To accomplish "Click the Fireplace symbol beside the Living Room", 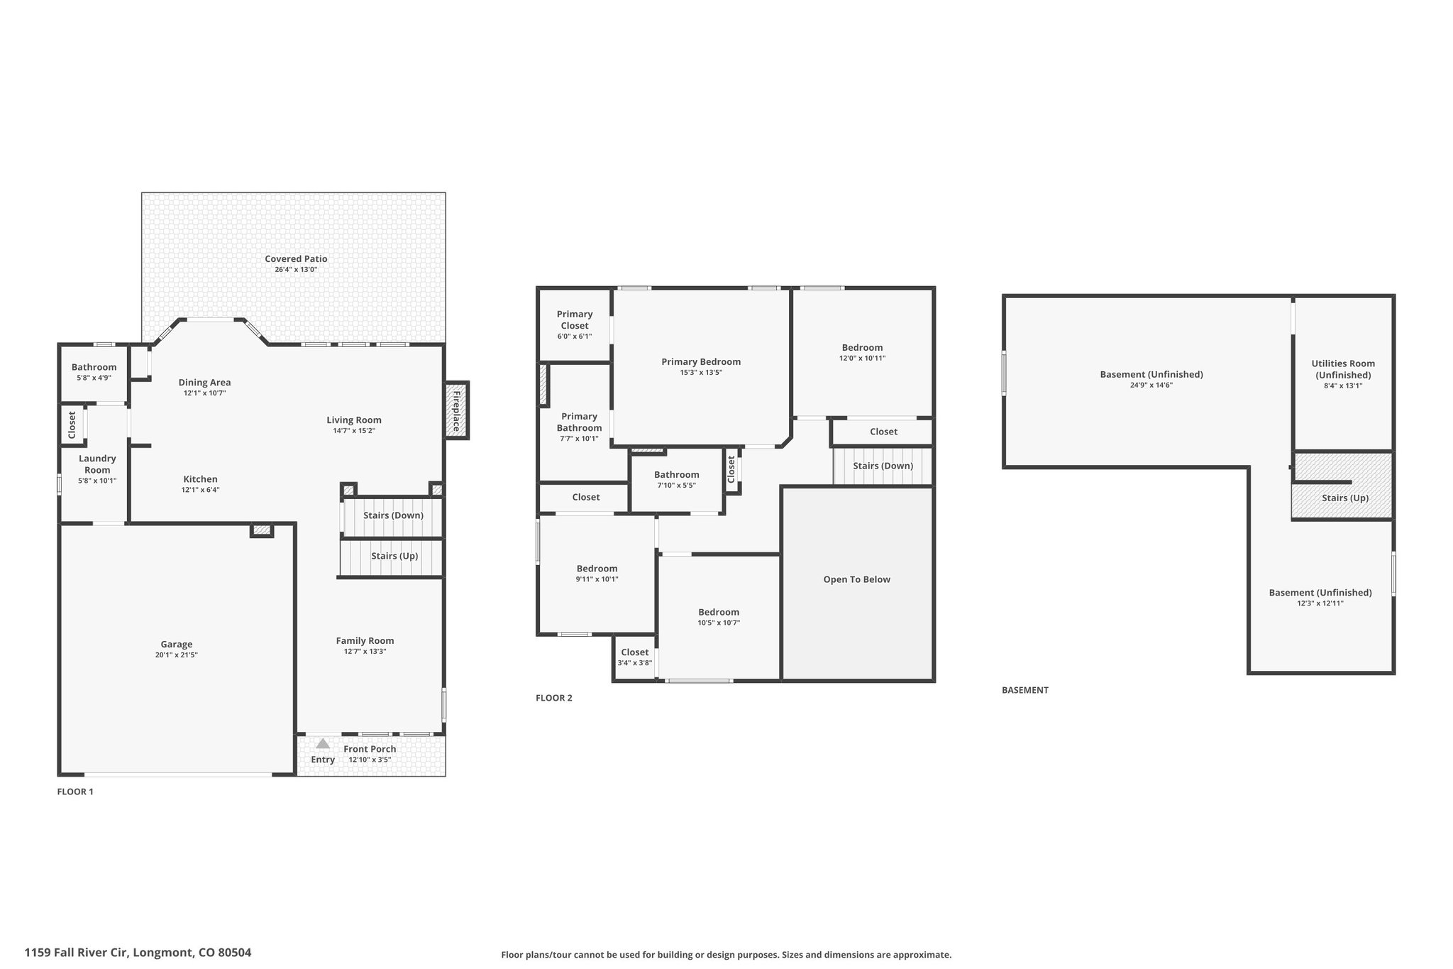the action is coord(457,410).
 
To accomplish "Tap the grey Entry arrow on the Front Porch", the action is coord(323,743).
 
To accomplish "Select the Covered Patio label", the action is coord(296,259).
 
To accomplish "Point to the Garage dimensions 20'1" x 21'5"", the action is coord(176,655).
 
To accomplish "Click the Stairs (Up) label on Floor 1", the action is coord(394,556).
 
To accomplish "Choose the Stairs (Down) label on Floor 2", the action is coord(883,466).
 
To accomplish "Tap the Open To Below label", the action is coord(856,579).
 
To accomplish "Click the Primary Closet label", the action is coord(575,320).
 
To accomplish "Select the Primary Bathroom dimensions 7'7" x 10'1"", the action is coord(579,439).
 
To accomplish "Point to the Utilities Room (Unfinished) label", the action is coord(1343,369).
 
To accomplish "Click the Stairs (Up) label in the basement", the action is coord(1345,498).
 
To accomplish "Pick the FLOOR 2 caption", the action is coord(554,698).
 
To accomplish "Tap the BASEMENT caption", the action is coord(1025,690).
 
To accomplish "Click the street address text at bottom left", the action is coord(138,953).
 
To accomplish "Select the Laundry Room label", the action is coord(97,464).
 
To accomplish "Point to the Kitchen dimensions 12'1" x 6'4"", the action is coord(201,490).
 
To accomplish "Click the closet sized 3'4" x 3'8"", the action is coord(634,657).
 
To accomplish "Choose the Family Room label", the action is coord(365,641).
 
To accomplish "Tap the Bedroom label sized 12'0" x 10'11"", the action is coord(862,348).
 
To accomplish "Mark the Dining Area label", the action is coord(204,383).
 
